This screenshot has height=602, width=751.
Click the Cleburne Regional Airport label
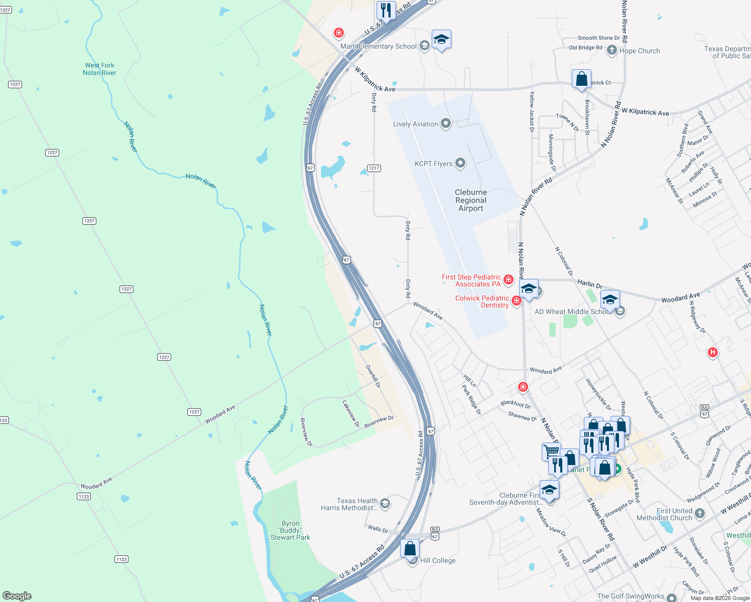(470, 200)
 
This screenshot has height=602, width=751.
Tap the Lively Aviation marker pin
(445, 124)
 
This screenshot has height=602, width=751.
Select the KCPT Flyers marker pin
(460, 163)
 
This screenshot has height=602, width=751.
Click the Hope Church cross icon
(611, 50)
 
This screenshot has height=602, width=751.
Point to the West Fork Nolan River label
(99, 69)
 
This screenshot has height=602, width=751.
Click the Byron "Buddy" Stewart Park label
(290, 530)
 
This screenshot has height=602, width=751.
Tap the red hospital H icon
(712, 352)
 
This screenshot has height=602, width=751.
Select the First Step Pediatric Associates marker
(509, 279)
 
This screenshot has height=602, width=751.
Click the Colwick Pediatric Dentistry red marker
(516, 300)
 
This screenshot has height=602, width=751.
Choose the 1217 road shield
(374, 168)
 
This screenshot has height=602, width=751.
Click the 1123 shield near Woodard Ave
(84, 497)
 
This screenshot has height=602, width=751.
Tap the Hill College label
(438, 560)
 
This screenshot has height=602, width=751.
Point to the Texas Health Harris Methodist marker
(385, 504)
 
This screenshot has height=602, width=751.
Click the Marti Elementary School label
(379, 47)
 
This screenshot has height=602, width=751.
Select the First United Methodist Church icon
(700, 514)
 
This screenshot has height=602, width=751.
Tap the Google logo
(17, 596)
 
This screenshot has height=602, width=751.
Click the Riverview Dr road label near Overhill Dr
(379, 422)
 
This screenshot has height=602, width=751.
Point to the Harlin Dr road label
(590, 284)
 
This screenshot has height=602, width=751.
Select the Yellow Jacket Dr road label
(532, 111)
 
